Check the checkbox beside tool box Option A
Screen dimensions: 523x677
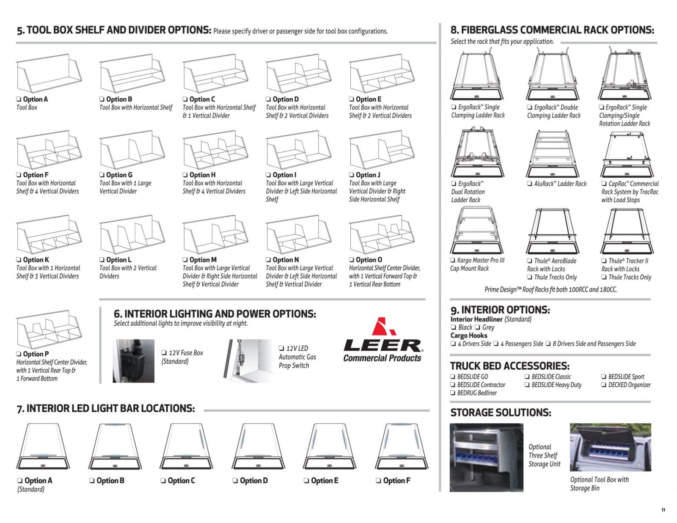tap(19, 99)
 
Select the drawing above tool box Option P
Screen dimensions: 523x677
tap(49, 329)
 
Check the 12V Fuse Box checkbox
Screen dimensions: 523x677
tap(164, 352)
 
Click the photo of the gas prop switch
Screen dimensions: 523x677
tap(248, 361)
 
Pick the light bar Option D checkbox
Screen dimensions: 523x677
tap(235, 481)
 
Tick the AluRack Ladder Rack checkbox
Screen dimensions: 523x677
tap(529, 184)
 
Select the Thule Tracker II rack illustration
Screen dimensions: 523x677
tap(627, 231)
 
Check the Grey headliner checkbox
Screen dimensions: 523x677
tap(477, 327)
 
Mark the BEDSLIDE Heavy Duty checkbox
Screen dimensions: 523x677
tap(527, 385)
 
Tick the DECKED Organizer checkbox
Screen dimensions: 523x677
tap(604, 385)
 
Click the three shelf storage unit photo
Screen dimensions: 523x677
tap(486, 457)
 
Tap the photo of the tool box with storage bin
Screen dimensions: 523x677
tap(610, 447)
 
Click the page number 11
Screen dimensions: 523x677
tap(663, 510)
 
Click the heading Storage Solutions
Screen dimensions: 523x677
tap(501, 413)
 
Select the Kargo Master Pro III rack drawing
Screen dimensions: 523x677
tap(477, 231)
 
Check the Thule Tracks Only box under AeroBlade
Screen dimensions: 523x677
tap(529, 277)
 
